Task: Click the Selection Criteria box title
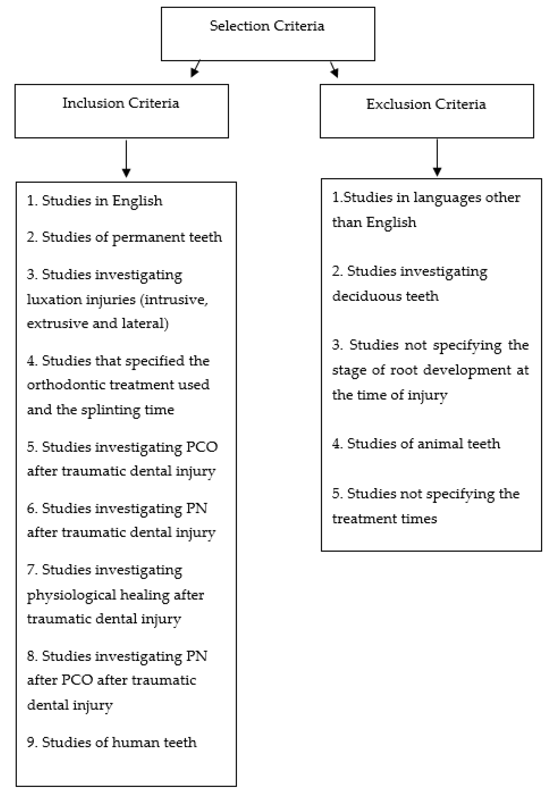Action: [267, 26]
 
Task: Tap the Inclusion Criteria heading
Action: [121, 103]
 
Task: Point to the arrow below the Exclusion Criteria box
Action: [437, 157]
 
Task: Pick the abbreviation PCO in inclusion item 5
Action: [202, 447]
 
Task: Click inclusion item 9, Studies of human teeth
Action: [112, 742]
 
